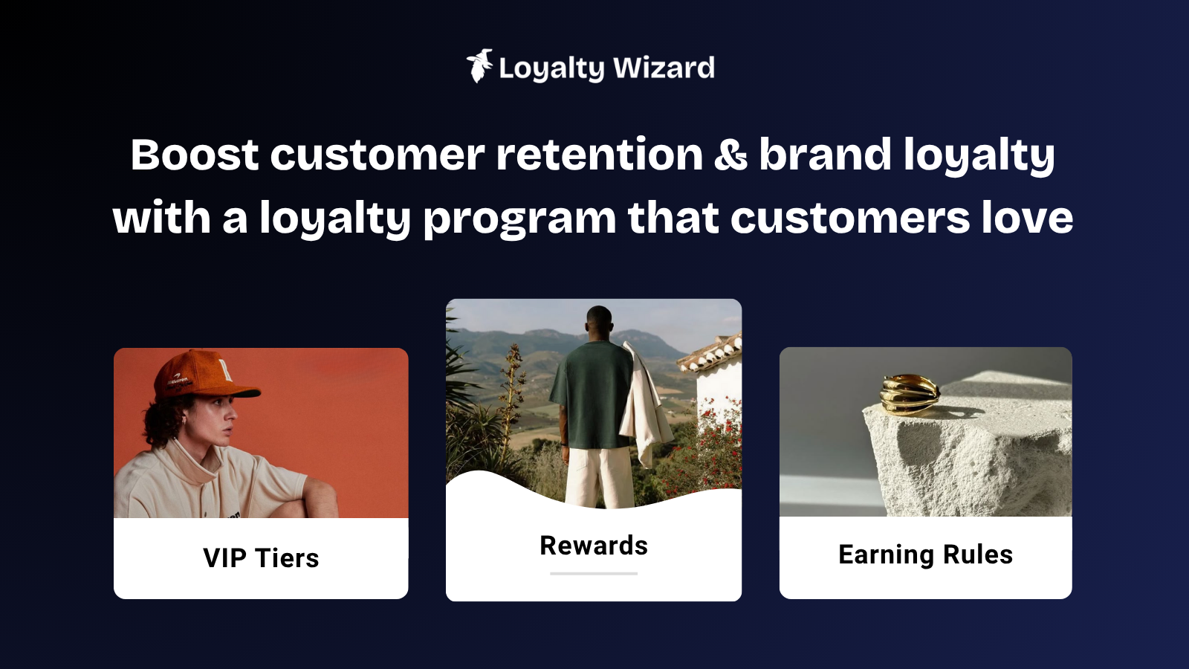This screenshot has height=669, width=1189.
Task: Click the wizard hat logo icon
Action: point(479,66)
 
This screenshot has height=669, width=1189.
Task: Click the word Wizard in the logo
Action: point(664,68)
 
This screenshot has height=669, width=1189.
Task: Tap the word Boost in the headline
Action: point(195,155)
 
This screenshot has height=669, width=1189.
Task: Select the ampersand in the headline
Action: point(730,155)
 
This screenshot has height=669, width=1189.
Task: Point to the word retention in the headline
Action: point(599,155)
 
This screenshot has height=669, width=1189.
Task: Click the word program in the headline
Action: point(519,219)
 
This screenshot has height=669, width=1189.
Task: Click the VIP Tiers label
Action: point(261,558)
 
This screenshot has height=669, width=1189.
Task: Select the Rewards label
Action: point(594,546)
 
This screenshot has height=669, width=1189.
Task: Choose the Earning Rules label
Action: point(926,555)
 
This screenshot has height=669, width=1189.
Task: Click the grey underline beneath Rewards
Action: point(594,573)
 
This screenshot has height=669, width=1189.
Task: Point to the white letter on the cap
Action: point(227,368)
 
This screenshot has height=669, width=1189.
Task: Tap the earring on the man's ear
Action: point(184,420)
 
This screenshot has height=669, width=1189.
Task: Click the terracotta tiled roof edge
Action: point(710,352)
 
